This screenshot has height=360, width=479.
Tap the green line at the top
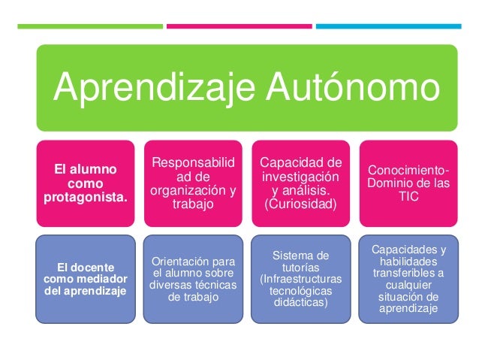(x=89, y=26)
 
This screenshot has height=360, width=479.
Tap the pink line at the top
(x=239, y=26)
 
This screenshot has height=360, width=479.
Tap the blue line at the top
(x=387, y=26)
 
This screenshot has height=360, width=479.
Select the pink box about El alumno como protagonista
(x=86, y=183)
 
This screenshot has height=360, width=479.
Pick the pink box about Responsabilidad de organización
(x=194, y=183)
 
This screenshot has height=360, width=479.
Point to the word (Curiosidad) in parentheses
(x=300, y=204)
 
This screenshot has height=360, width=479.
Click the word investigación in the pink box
(x=300, y=177)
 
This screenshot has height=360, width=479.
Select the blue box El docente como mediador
(x=86, y=279)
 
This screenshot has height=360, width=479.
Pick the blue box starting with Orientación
(x=194, y=279)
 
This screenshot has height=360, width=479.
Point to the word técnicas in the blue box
(x=216, y=285)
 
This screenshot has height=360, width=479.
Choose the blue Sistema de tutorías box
(x=300, y=279)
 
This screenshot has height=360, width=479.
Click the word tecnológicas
(x=300, y=291)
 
